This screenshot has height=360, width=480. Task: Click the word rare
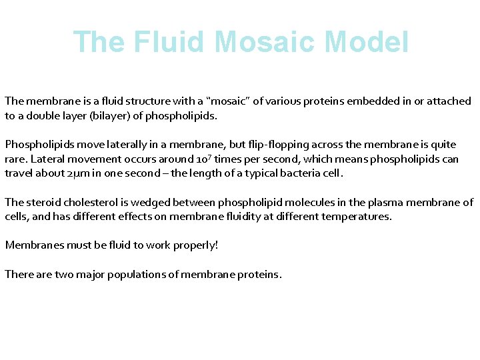pyautogui.click(x=16, y=159)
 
